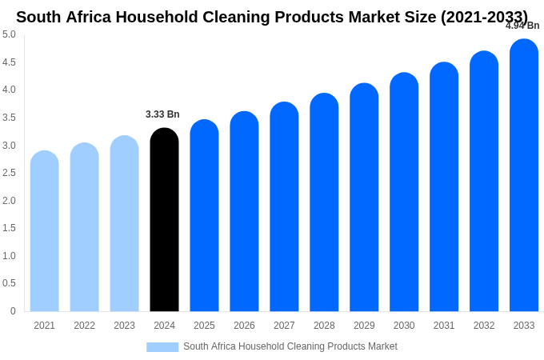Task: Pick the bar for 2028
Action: pos(324,204)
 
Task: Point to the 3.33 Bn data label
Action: pos(162,114)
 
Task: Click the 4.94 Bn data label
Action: pos(522,26)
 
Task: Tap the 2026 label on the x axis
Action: pos(244,326)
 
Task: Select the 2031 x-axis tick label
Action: pos(444,326)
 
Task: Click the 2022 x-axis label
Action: pos(84,326)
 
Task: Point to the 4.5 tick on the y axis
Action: pos(9,62)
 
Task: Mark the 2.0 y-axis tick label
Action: pos(9,201)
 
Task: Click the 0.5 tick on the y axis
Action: pos(9,283)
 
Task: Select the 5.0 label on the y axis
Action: pos(9,34)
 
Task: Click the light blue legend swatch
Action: pos(162,347)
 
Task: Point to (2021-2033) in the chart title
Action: pos(484,17)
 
